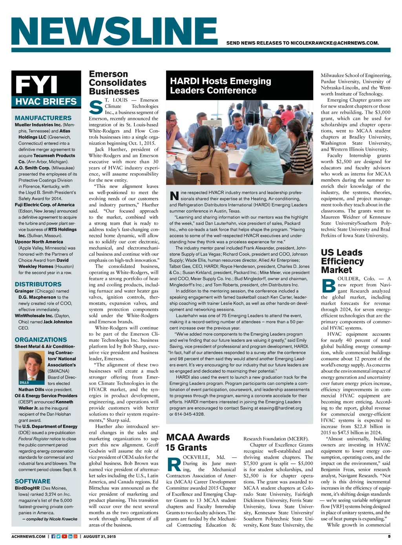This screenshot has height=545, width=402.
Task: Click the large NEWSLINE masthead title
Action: (x=115, y=31)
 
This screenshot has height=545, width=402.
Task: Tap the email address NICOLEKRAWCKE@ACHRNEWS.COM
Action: (x=334, y=43)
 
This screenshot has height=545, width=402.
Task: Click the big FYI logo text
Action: (x=36, y=84)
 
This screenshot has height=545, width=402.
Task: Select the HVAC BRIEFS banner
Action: (x=46, y=102)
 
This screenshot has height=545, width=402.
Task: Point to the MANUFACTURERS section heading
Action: (x=43, y=118)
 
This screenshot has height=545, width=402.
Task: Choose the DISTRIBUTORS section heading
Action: (x=38, y=284)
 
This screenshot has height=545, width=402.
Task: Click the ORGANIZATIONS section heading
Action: (x=41, y=339)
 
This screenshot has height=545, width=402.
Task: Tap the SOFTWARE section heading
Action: (x=33, y=481)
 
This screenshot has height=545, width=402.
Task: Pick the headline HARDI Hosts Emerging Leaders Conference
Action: (x=220, y=86)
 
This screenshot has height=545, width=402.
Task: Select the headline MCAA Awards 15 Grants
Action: (x=198, y=442)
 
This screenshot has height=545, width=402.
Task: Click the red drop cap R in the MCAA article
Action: (x=174, y=464)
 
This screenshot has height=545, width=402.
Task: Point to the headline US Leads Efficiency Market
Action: (x=342, y=261)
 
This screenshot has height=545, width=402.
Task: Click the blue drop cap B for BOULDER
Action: (x=328, y=285)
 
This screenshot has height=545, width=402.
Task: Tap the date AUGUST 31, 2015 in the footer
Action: (x=100, y=536)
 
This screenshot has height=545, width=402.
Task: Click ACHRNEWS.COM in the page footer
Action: (x=29, y=536)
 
